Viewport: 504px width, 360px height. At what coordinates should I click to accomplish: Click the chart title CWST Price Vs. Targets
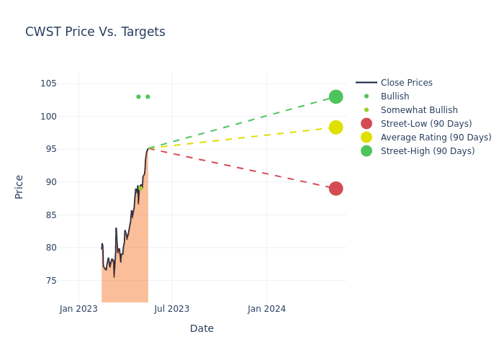point(95,32)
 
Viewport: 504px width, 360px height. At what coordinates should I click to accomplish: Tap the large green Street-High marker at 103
point(336,96)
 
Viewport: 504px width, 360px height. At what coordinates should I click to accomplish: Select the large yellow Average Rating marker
point(336,127)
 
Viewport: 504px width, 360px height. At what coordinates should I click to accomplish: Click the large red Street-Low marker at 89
point(336,189)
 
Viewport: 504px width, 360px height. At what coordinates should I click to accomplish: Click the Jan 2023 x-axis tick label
point(78,309)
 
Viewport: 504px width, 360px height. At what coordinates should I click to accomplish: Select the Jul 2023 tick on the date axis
point(172,309)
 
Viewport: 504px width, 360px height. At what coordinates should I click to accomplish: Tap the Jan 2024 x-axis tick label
point(266,309)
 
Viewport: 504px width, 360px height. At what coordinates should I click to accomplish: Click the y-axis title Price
point(19,186)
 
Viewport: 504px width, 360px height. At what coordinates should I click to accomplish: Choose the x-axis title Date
point(202,328)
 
